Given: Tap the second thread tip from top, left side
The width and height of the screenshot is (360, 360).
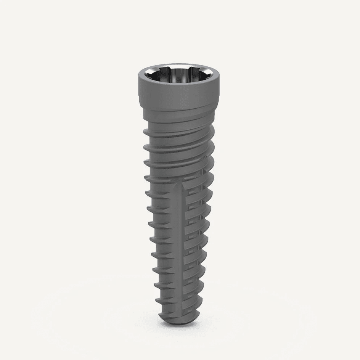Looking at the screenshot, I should coord(145,147).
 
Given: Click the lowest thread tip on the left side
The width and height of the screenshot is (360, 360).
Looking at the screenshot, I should coord(157,300).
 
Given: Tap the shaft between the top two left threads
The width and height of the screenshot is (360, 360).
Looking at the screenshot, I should coord(151,139).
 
